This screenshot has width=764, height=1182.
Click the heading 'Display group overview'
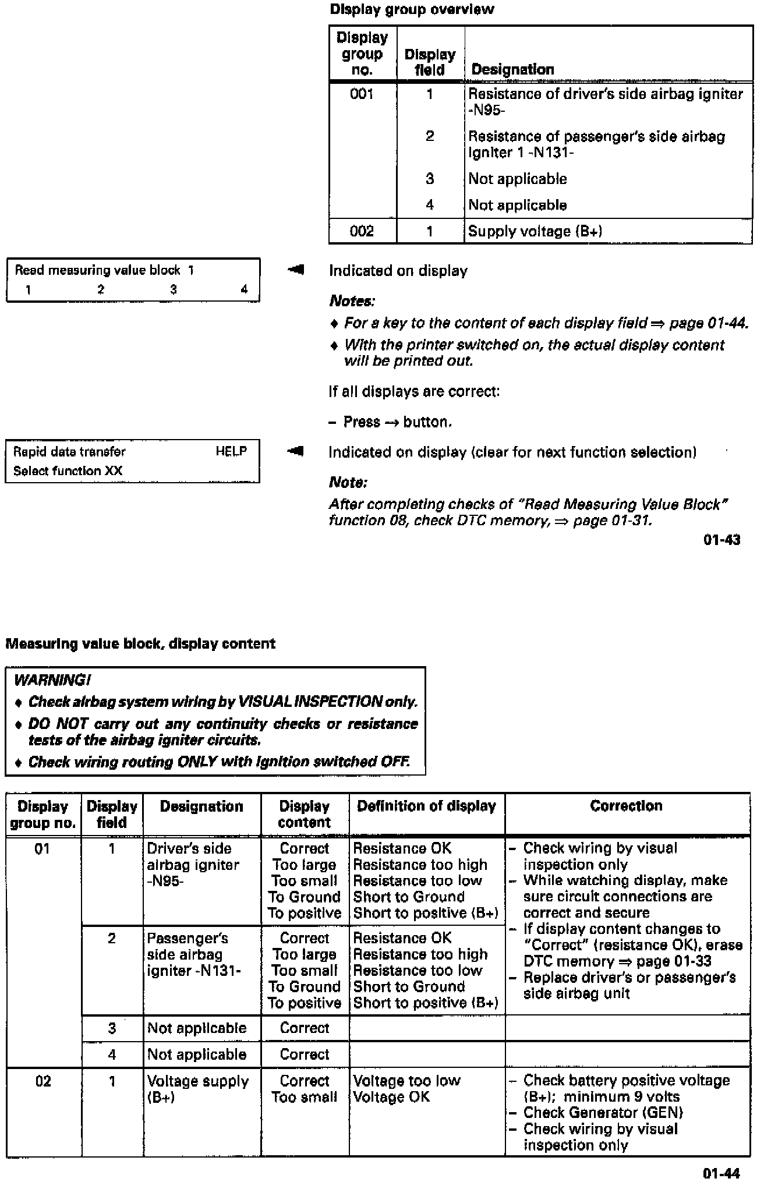click(x=412, y=9)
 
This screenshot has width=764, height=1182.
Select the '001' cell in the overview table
click(x=362, y=94)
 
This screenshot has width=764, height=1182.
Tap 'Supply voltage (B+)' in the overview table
click(x=535, y=231)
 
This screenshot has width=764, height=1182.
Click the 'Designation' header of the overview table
click(x=512, y=70)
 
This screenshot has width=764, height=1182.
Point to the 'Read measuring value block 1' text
click(x=104, y=270)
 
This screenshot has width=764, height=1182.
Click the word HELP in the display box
click(x=231, y=451)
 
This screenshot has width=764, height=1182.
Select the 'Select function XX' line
click(x=68, y=470)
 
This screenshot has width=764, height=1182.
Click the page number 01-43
click(x=721, y=540)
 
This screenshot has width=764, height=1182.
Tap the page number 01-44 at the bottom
click(x=721, y=1173)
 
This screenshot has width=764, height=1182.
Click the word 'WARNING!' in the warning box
click(x=52, y=680)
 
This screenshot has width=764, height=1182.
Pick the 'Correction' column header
click(x=626, y=806)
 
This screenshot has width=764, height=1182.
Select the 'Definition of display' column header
click(x=426, y=806)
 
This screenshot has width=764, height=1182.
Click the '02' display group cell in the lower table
click(x=43, y=1081)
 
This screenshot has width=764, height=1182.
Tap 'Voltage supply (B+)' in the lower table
click(x=197, y=1089)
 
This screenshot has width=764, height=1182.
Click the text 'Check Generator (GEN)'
click(x=603, y=1113)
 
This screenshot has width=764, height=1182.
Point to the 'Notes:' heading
click(x=352, y=301)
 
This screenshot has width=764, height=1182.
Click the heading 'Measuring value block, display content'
click(x=140, y=644)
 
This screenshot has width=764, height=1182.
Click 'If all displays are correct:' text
click(x=414, y=391)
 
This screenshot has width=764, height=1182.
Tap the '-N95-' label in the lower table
click(x=165, y=881)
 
